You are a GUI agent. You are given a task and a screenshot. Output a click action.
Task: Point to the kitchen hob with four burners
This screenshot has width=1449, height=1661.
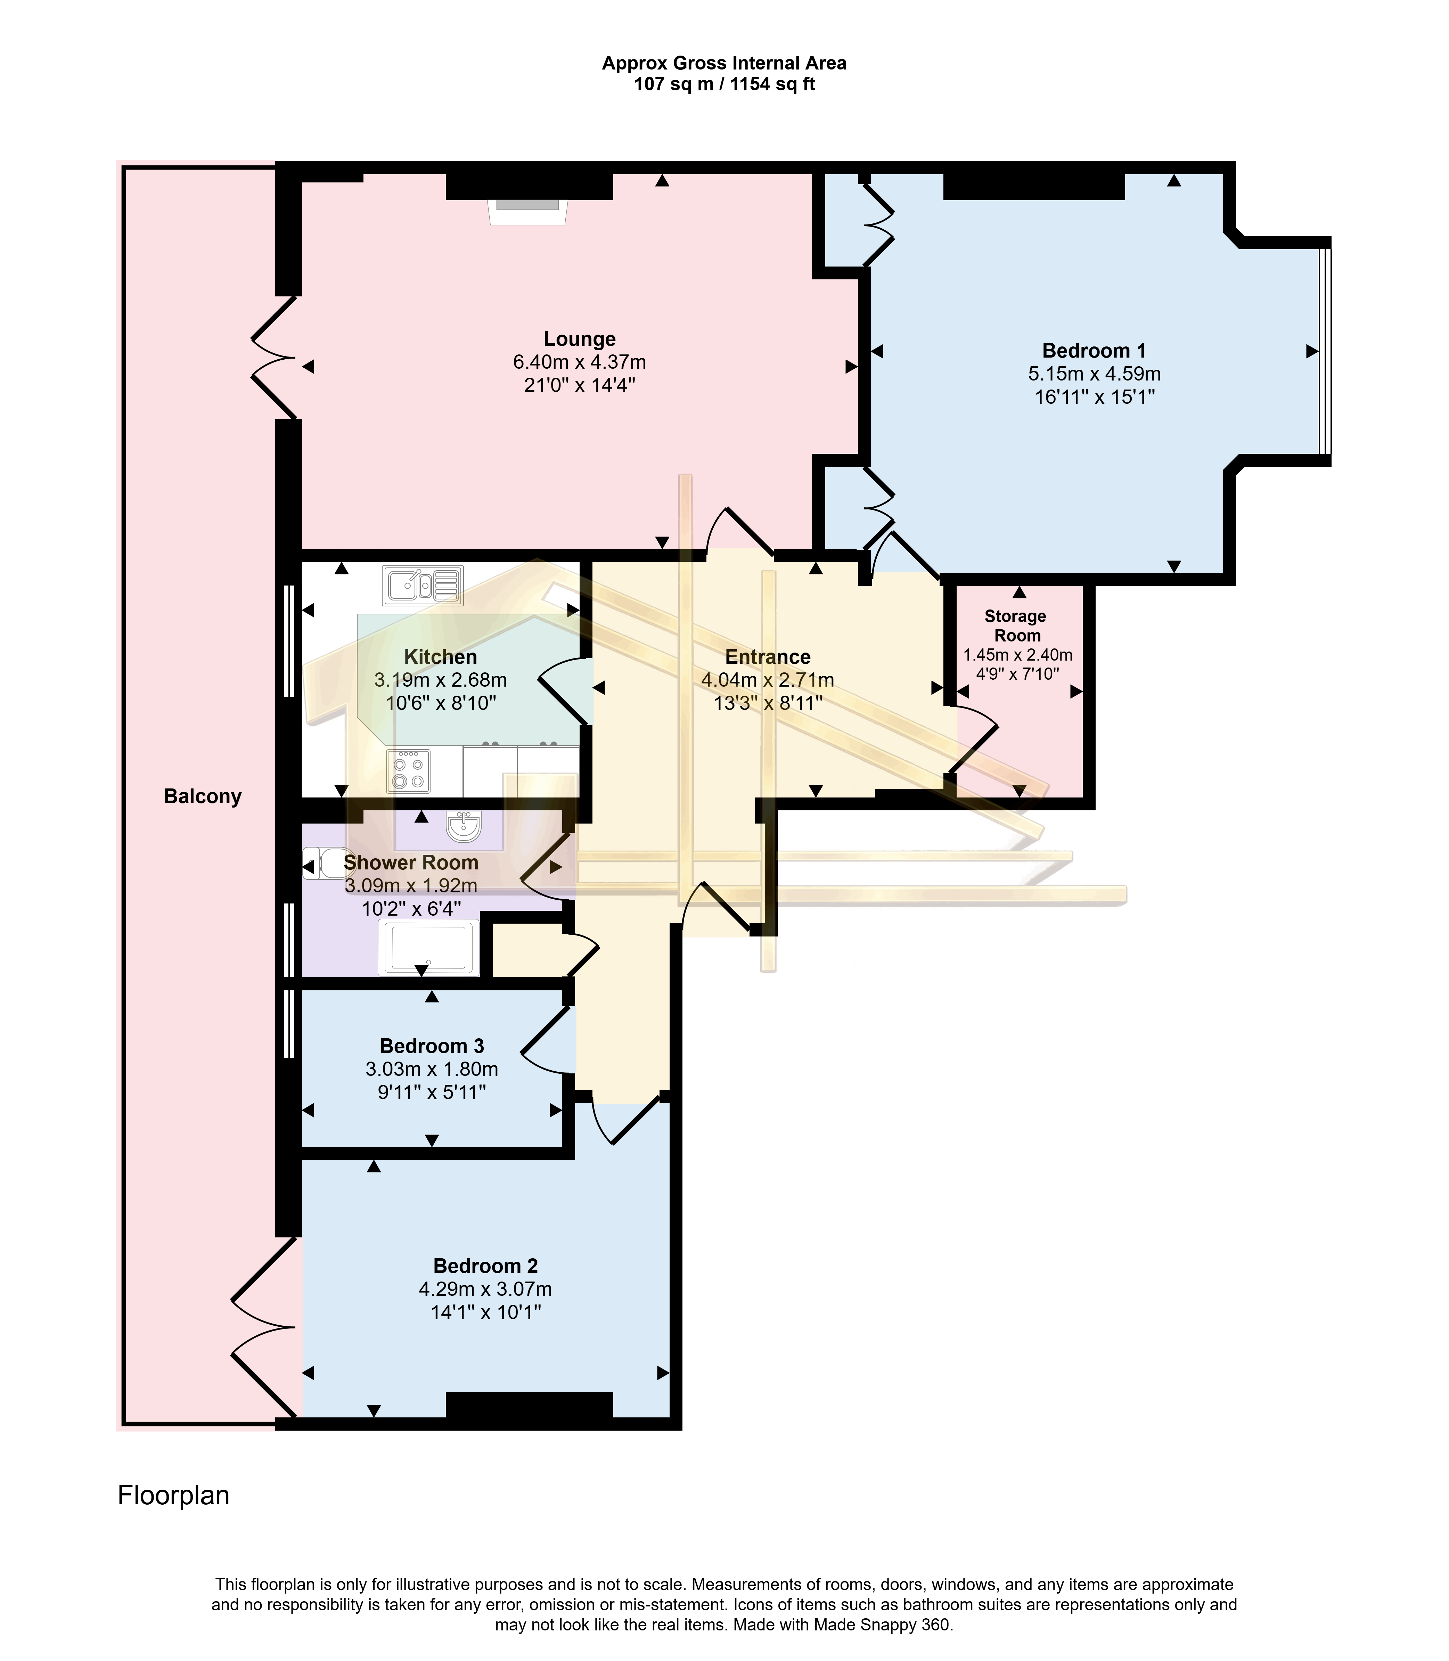[408, 771]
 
